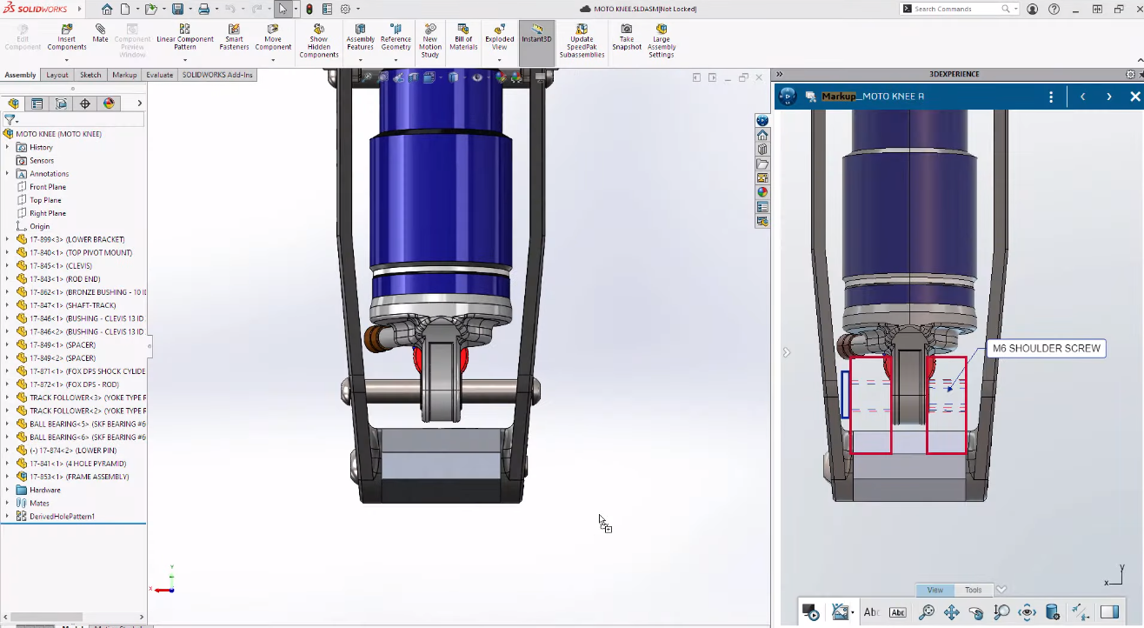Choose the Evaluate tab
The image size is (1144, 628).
coord(159,75)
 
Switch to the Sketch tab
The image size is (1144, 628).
coord(90,75)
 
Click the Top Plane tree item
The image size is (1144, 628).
coord(45,200)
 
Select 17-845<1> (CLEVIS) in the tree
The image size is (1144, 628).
coord(61,265)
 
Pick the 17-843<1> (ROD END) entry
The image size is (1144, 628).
coord(65,279)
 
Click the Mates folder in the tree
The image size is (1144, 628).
coord(39,503)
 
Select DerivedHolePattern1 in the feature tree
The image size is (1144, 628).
coord(62,517)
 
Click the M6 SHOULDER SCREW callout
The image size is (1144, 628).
coord(1047,349)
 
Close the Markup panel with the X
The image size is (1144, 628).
coord(1134,97)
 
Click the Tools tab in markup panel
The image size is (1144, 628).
coord(973,590)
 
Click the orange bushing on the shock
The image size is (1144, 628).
coord(376,338)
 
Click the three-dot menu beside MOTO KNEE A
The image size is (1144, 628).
coord(1051,97)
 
